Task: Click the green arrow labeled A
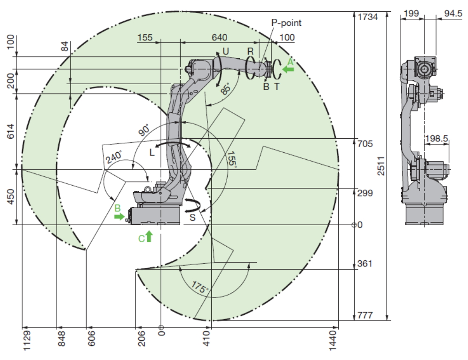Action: [288, 69]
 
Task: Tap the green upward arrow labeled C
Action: [149, 236]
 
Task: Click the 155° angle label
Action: [230, 160]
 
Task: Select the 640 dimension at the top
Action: [219, 37]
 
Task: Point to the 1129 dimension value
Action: [27, 339]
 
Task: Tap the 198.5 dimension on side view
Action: [435, 139]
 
